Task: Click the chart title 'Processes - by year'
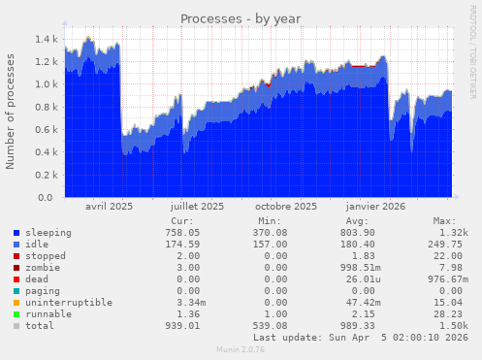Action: (241, 18)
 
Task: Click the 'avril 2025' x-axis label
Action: (110, 207)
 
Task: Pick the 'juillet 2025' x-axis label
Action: (197, 207)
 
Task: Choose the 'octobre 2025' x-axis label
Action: (286, 207)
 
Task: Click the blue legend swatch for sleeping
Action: (16, 234)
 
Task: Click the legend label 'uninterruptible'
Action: (69, 303)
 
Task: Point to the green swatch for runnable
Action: (16, 314)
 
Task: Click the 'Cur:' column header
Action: (180, 221)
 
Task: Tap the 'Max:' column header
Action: (445, 221)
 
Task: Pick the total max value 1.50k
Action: (450, 326)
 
